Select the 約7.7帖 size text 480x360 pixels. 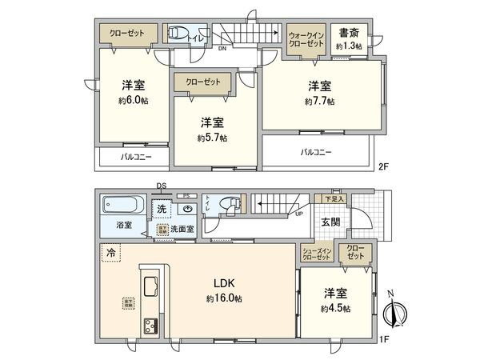(319, 102)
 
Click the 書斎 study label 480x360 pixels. (348, 34)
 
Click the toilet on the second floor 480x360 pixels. (176, 34)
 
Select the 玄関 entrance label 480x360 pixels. (330, 222)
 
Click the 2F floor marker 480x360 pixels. (383, 166)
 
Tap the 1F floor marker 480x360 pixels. (383, 339)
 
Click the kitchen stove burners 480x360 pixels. (150, 326)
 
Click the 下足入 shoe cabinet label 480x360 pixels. (333, 198)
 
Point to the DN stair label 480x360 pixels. (221, 49)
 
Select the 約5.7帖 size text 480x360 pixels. (212, 138)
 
